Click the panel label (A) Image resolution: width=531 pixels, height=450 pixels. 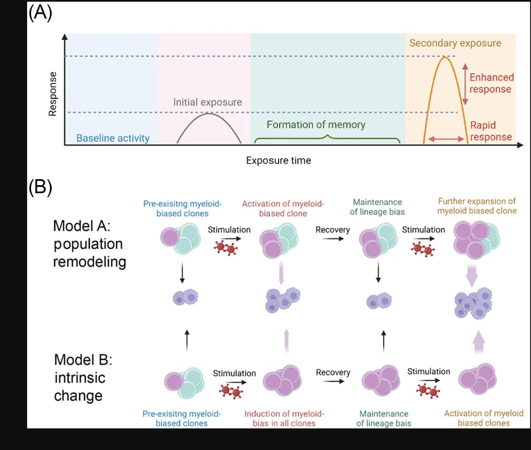coord(40,13)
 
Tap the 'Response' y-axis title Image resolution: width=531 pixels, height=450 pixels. coord(53,94)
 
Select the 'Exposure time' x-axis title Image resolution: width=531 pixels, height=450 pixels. coord(278,161)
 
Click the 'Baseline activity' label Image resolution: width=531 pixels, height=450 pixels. coord(113,138)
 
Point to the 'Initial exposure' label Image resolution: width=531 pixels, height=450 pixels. coord(208,102)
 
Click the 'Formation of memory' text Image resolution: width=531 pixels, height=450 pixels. coord(316,125)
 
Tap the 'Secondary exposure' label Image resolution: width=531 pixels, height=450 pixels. coord(455,43)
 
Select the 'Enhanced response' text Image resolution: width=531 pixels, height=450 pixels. coord(492,83)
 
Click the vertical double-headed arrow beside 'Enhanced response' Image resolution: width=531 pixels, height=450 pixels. coord(465,84)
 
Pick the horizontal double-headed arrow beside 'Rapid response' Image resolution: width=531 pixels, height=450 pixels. coord(446,139)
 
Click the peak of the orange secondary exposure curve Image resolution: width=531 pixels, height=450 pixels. coord(445,57)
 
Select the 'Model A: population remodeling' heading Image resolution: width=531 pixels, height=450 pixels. coord(89,244)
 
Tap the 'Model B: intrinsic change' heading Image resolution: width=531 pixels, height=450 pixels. coord(83,378)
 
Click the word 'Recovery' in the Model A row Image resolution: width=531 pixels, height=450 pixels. coord(333,230)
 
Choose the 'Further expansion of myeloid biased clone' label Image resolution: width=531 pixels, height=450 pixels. coord(477,206)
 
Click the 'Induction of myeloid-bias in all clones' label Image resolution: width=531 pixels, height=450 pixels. coord(284,418)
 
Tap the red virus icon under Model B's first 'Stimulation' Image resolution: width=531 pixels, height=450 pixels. coord(231,391)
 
